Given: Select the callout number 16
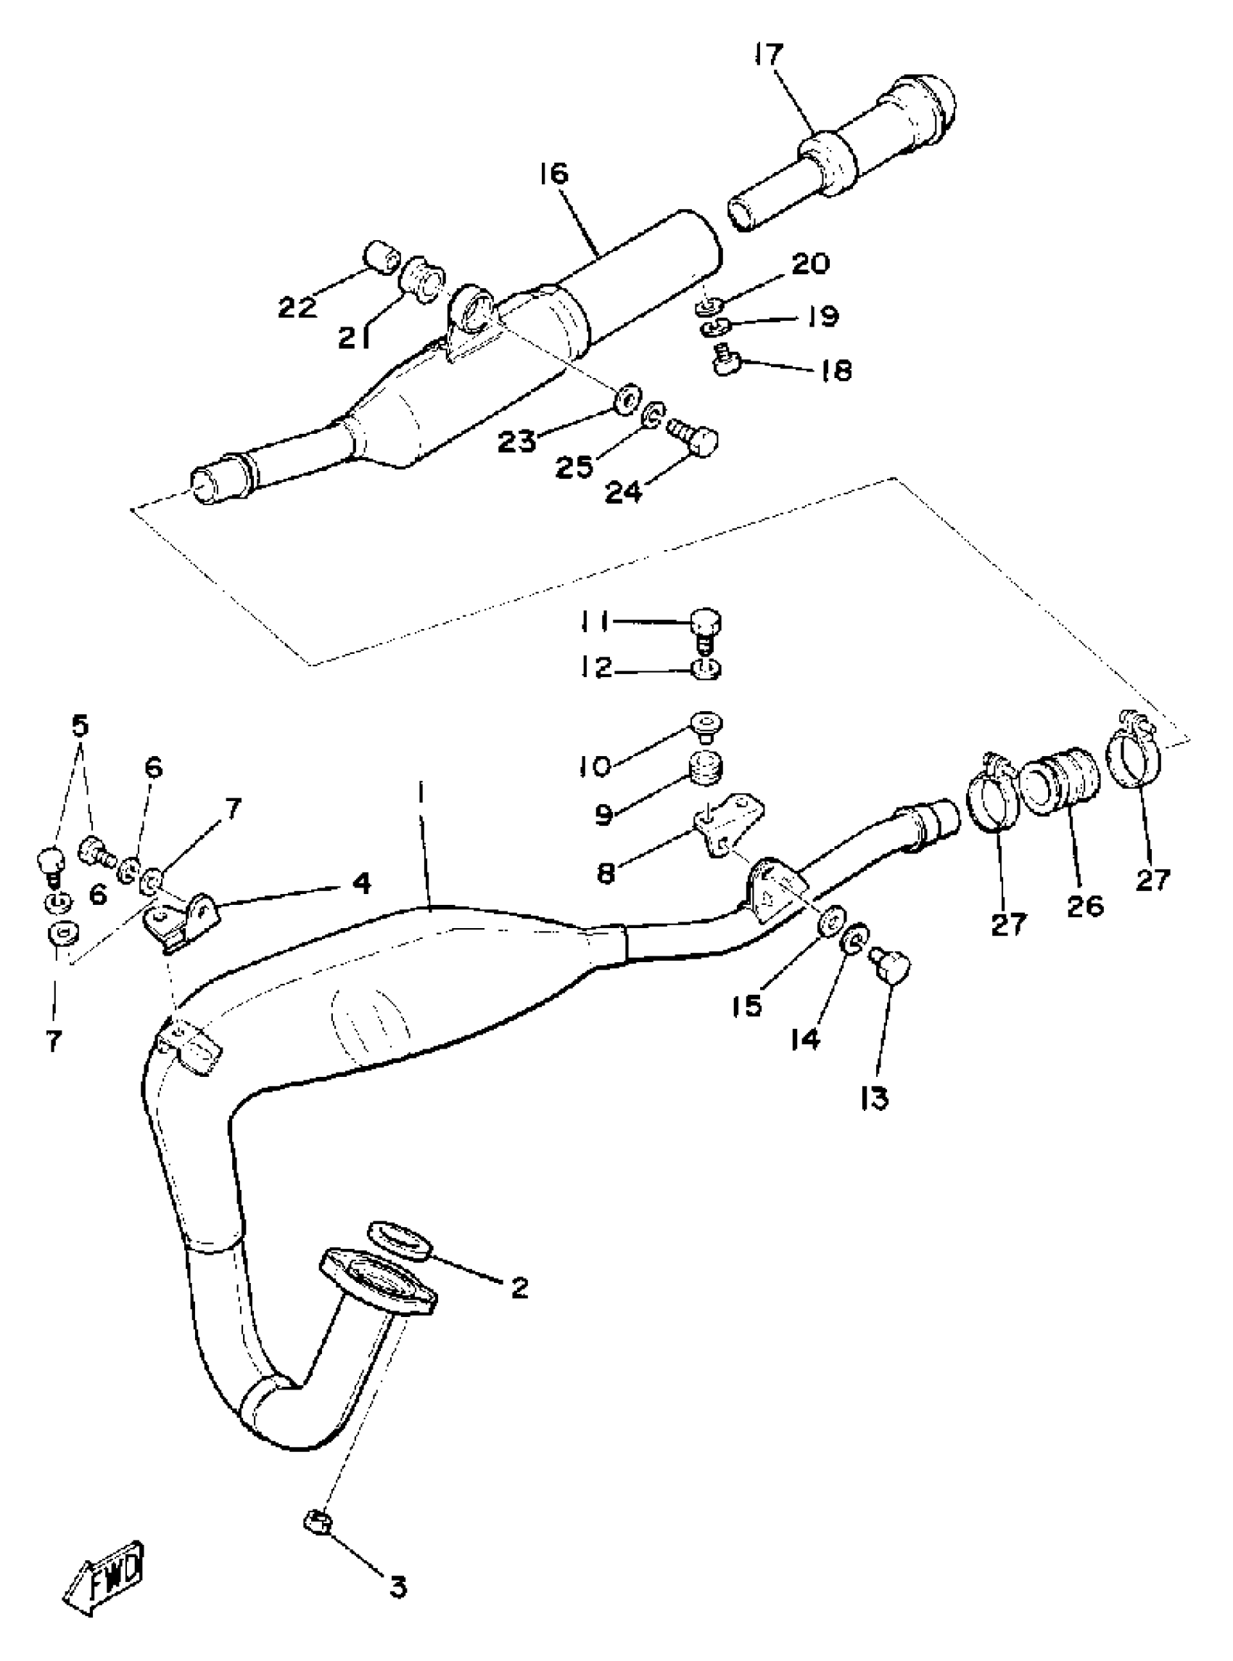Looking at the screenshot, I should click(x=554, y=173).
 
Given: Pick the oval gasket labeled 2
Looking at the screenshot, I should click(x=401, y=1240).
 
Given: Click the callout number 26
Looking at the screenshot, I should click(x=1085, y=906).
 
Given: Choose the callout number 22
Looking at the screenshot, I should click(x=298, y=307).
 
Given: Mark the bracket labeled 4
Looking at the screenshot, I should click(x=183, y=920).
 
